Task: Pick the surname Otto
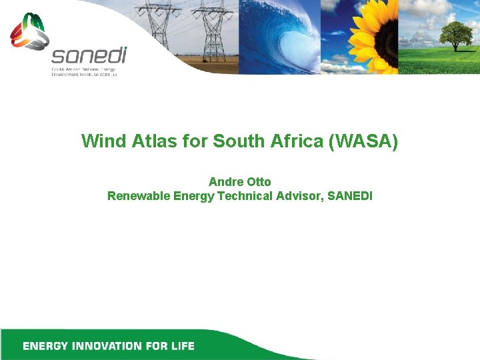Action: point(258,182)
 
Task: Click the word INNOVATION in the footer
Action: point(108,346)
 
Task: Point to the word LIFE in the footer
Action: point(180,346)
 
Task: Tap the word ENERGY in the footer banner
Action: point(43,346)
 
